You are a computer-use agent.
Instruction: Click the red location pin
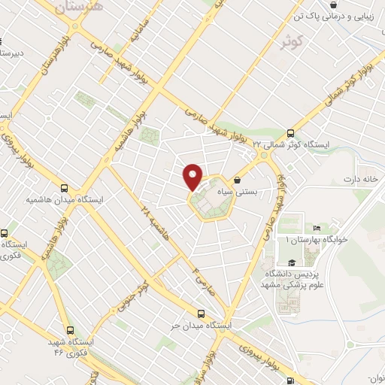click(x=193, y=176)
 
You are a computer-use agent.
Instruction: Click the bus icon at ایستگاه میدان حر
click(x=201, y=314)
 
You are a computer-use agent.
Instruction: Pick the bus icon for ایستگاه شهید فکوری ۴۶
click(x=70, y=330)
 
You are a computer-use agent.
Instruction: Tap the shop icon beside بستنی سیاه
click(x=238, y=180)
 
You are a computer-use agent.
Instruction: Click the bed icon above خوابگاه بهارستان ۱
click(x=317, y=228)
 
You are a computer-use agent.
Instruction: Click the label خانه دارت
click(x=359, y=179)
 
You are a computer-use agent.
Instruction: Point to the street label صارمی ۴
click(x=202, y=283)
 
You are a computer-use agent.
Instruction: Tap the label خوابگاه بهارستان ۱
click(x=317, y=239)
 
